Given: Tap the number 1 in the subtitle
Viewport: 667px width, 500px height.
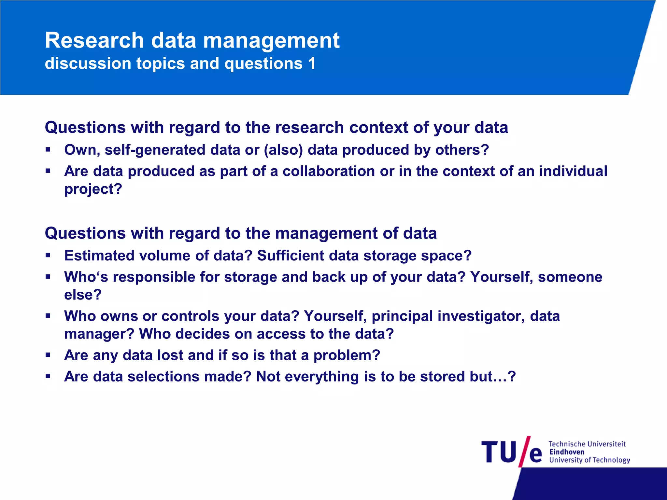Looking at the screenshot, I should click(x=312, y=63).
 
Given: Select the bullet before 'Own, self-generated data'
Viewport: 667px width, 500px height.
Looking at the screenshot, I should click(x=48, y=150).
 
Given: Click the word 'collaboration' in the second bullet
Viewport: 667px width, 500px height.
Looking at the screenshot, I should click(x=329, y=171).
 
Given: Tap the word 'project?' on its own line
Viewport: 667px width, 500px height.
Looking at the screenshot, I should click(x=93, y=189).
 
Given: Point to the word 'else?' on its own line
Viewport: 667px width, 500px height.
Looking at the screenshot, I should click(x=83, y=295).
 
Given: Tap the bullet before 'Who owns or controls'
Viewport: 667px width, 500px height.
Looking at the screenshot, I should click(x=48, y=316).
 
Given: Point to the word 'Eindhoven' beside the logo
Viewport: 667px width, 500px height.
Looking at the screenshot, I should click(x=567, y=452).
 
